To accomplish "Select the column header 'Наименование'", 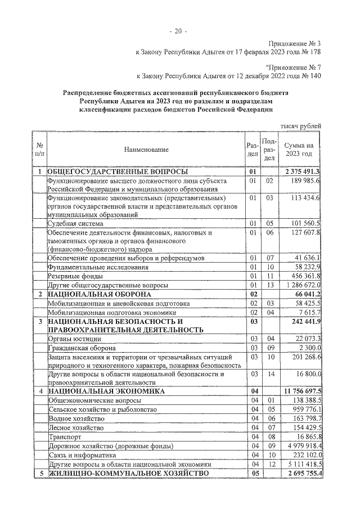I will [x=147, y=149].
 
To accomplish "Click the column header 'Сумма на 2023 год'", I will [x=299, y=149].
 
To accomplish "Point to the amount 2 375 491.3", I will [x=303, y=172].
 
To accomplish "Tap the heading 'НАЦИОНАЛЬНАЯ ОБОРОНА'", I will [x=100, y=294].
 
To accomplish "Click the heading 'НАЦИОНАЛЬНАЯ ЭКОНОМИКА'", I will [x=106, y=390].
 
